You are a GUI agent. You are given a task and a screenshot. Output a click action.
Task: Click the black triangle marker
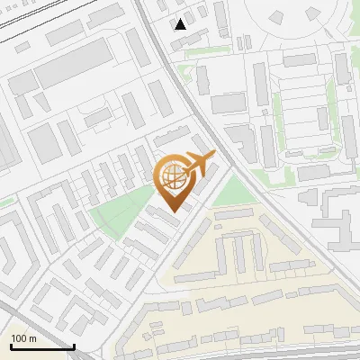(x=181, y=24)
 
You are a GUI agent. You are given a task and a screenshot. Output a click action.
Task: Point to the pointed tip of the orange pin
(x=172, y=212)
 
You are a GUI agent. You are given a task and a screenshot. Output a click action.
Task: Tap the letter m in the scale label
(x=33, y=338)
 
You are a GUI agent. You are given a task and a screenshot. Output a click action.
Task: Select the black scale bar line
(x=41, y=346)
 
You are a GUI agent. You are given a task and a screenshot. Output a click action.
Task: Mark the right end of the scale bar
(x=74, y=346)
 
